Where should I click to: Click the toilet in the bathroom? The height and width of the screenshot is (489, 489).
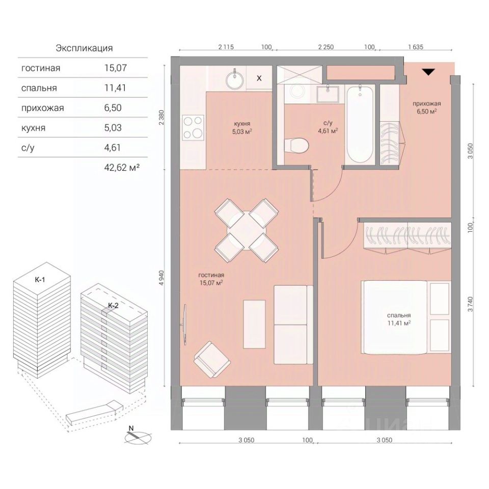[x=296, y=145]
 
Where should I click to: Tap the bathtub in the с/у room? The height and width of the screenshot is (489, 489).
[x=360, y=124]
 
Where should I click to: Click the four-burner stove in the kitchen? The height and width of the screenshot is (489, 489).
[x=193, y=127]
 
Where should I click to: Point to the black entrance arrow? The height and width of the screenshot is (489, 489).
[x=428, y=72]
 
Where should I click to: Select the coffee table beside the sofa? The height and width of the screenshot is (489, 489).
[x=254, y=324]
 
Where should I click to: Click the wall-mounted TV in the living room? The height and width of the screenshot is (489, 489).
[x=184, y=324]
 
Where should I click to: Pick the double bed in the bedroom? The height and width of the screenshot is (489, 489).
[x=394, y=317]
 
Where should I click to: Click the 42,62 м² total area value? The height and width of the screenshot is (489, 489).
[x=122, y=168]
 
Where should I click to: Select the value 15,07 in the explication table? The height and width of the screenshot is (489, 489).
[x=116, y=68]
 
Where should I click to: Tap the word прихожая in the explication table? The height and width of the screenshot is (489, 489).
[x=42, y=108]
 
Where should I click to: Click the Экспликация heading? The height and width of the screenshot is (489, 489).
[x=84, y=48]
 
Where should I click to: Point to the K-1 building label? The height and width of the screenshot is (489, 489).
[x=40, y=280]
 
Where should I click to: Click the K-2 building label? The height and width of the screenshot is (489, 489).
[x=113, y=306]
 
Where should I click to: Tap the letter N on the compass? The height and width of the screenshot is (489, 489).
[x=131, y=428]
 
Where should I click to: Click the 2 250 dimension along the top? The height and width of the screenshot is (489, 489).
[x=325, y=47]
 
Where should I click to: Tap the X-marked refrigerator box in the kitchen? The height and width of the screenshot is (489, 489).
[x=259, y=78]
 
